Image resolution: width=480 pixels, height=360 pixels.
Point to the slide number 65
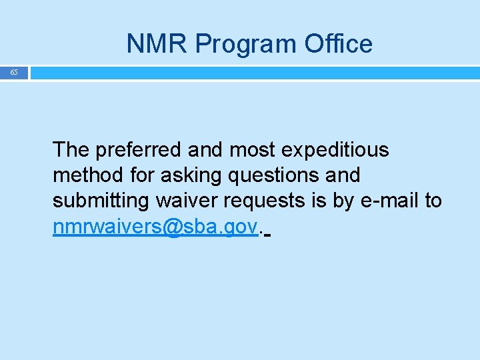pyautogui.click(x=14, y=72)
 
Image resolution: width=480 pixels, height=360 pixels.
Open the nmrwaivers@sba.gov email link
pyautogui.click(x=155, y=227)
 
